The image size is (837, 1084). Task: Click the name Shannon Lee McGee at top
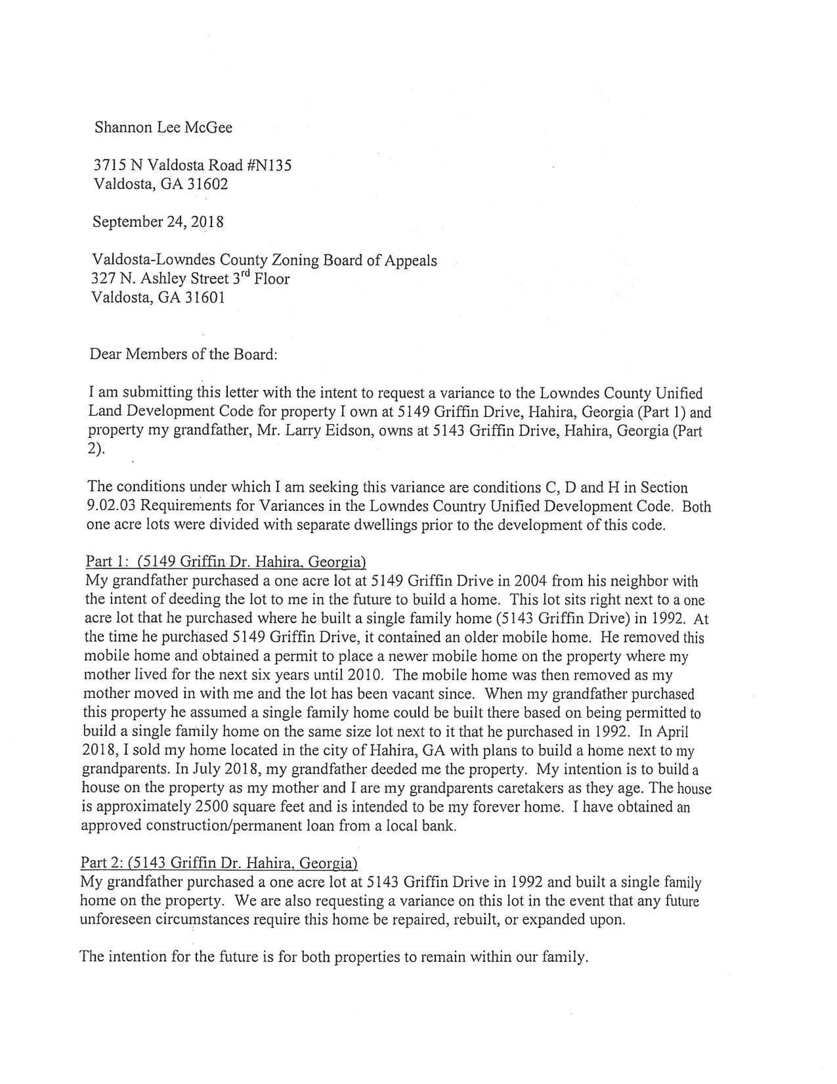point(163,127)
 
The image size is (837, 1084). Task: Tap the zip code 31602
point(207,184)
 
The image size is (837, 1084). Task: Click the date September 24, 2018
point(158,222)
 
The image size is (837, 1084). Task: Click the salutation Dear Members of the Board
point(183,355)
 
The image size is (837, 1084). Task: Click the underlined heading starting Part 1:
point(225,562)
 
